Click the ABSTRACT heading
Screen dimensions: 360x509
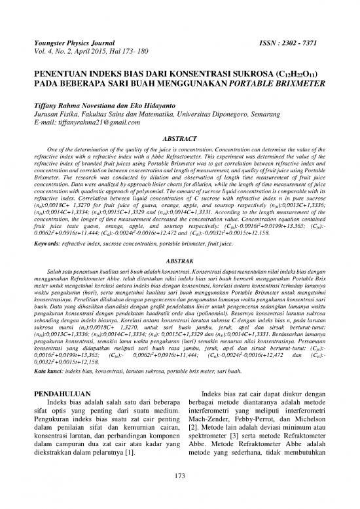tap(179, 139)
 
